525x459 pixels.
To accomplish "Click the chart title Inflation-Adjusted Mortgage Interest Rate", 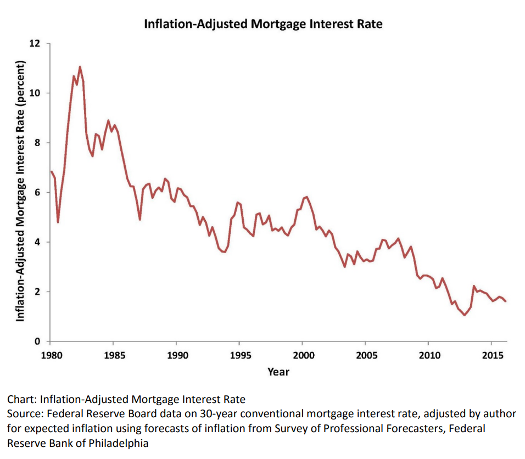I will pyautogui.click(x=262, y=24).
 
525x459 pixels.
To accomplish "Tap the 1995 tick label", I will pyautogui.click(x=240, y=355).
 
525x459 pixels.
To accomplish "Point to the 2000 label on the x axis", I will pyautogui.click(x=303, y=355).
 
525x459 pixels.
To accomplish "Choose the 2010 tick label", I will pyautogui.click(x=429, y=355).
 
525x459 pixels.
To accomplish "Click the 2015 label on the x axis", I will pyautogui.click(x=493, y=355).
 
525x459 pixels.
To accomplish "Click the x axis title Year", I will pyautogui.click(x=278, y=372).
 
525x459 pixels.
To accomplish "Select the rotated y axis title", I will pyautogui.click(x=20, y=192).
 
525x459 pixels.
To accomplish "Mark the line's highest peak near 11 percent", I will pyautogui.click(x=80, y=67).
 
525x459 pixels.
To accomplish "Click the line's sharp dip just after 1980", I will pyautogui.click(x=58, y=222).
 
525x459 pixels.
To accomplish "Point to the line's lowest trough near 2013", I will pyautogui.click(x=464, y=315).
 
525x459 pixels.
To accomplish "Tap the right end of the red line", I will pyautogui.click(x=505, y=301).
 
